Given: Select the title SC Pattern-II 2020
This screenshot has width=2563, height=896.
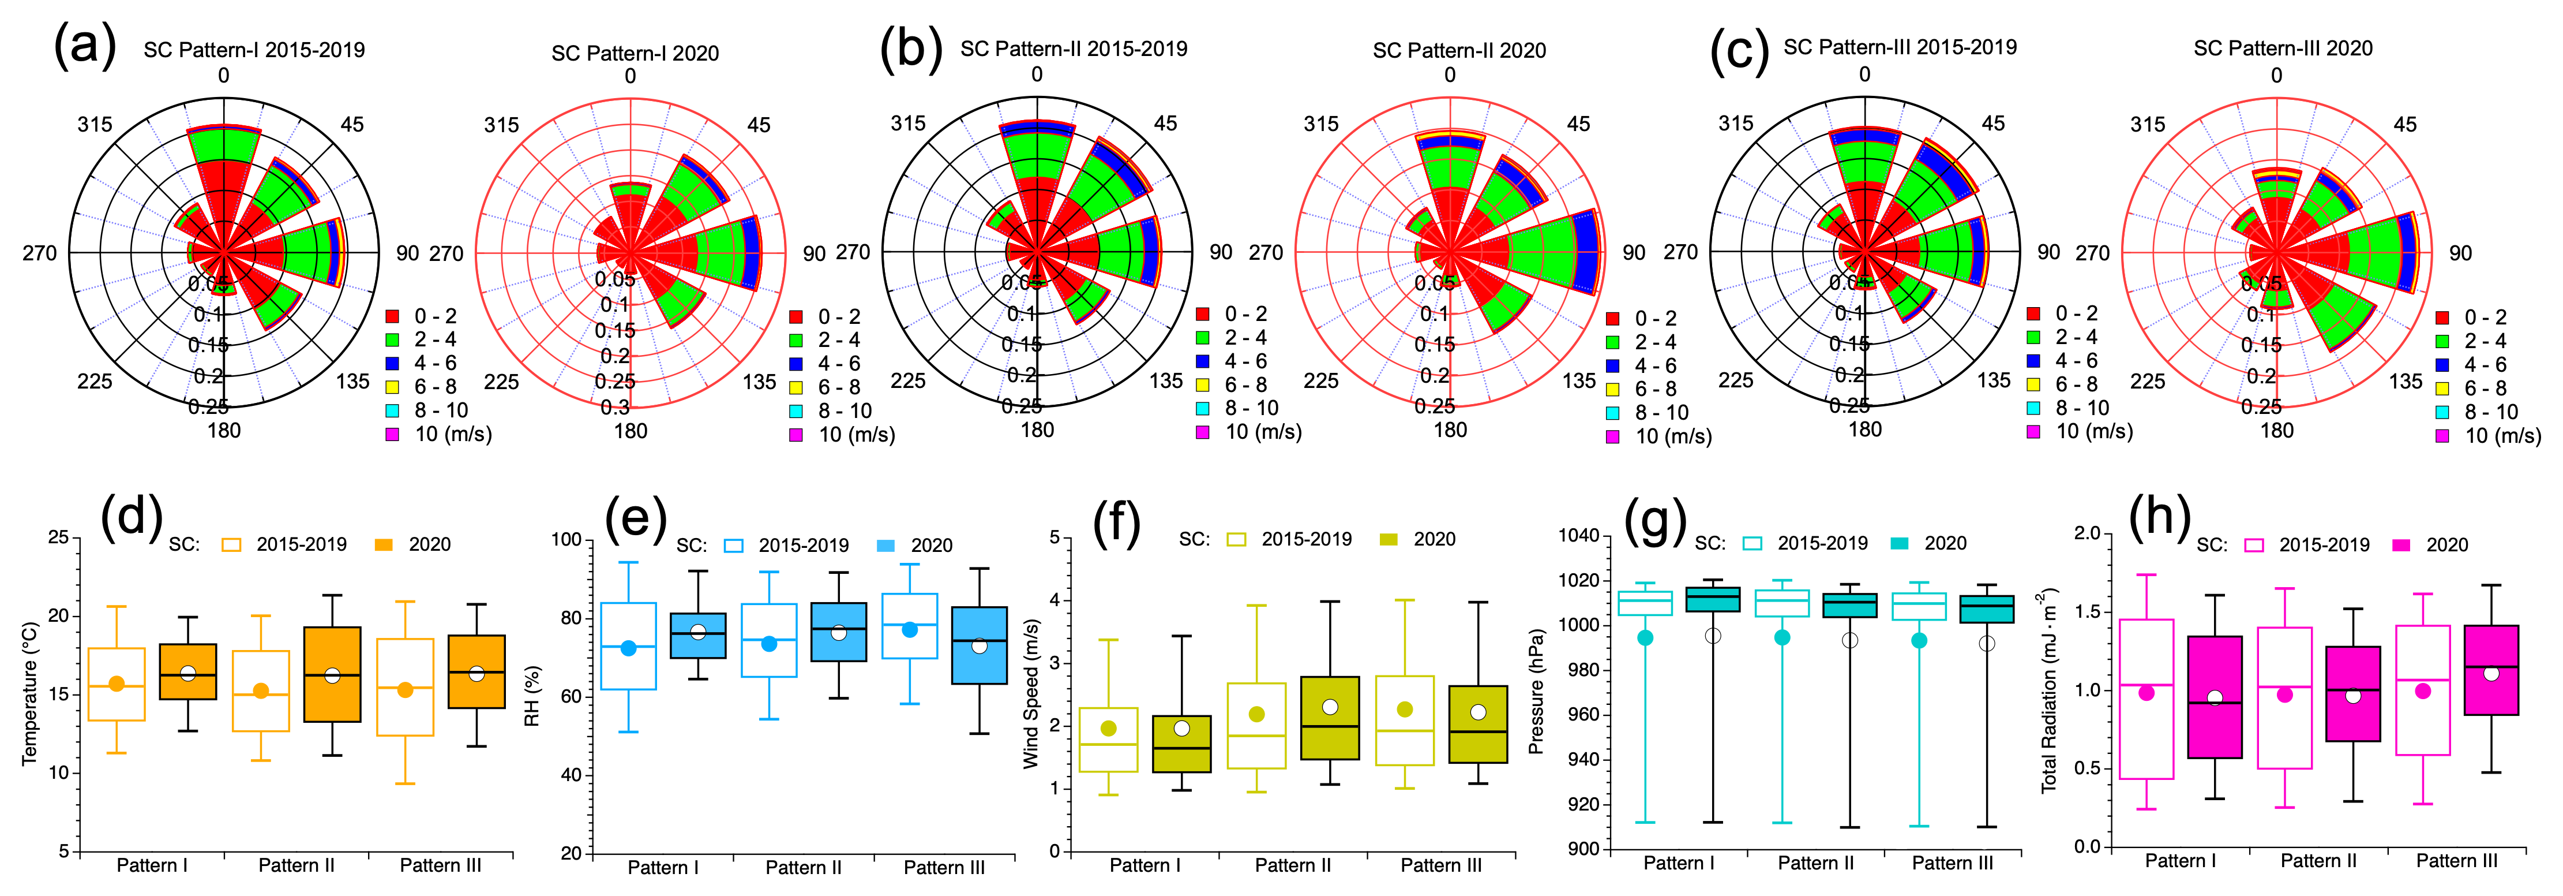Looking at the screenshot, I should click(x=1459, y=51).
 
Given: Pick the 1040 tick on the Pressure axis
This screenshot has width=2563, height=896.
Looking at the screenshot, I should click(x=1579, y=536).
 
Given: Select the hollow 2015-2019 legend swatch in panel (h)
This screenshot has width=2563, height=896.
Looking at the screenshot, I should click(x=2254, y=544).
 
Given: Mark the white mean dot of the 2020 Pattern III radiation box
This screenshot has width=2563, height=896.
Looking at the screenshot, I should click(x=2490, y=674).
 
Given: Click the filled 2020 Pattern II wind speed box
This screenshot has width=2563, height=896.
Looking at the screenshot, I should click(x=1329, y=718).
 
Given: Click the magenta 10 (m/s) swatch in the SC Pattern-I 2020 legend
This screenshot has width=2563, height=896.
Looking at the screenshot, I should click(x=796, y=435).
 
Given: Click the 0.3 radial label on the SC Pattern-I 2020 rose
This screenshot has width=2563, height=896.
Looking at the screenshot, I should click(x=615, y=407).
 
